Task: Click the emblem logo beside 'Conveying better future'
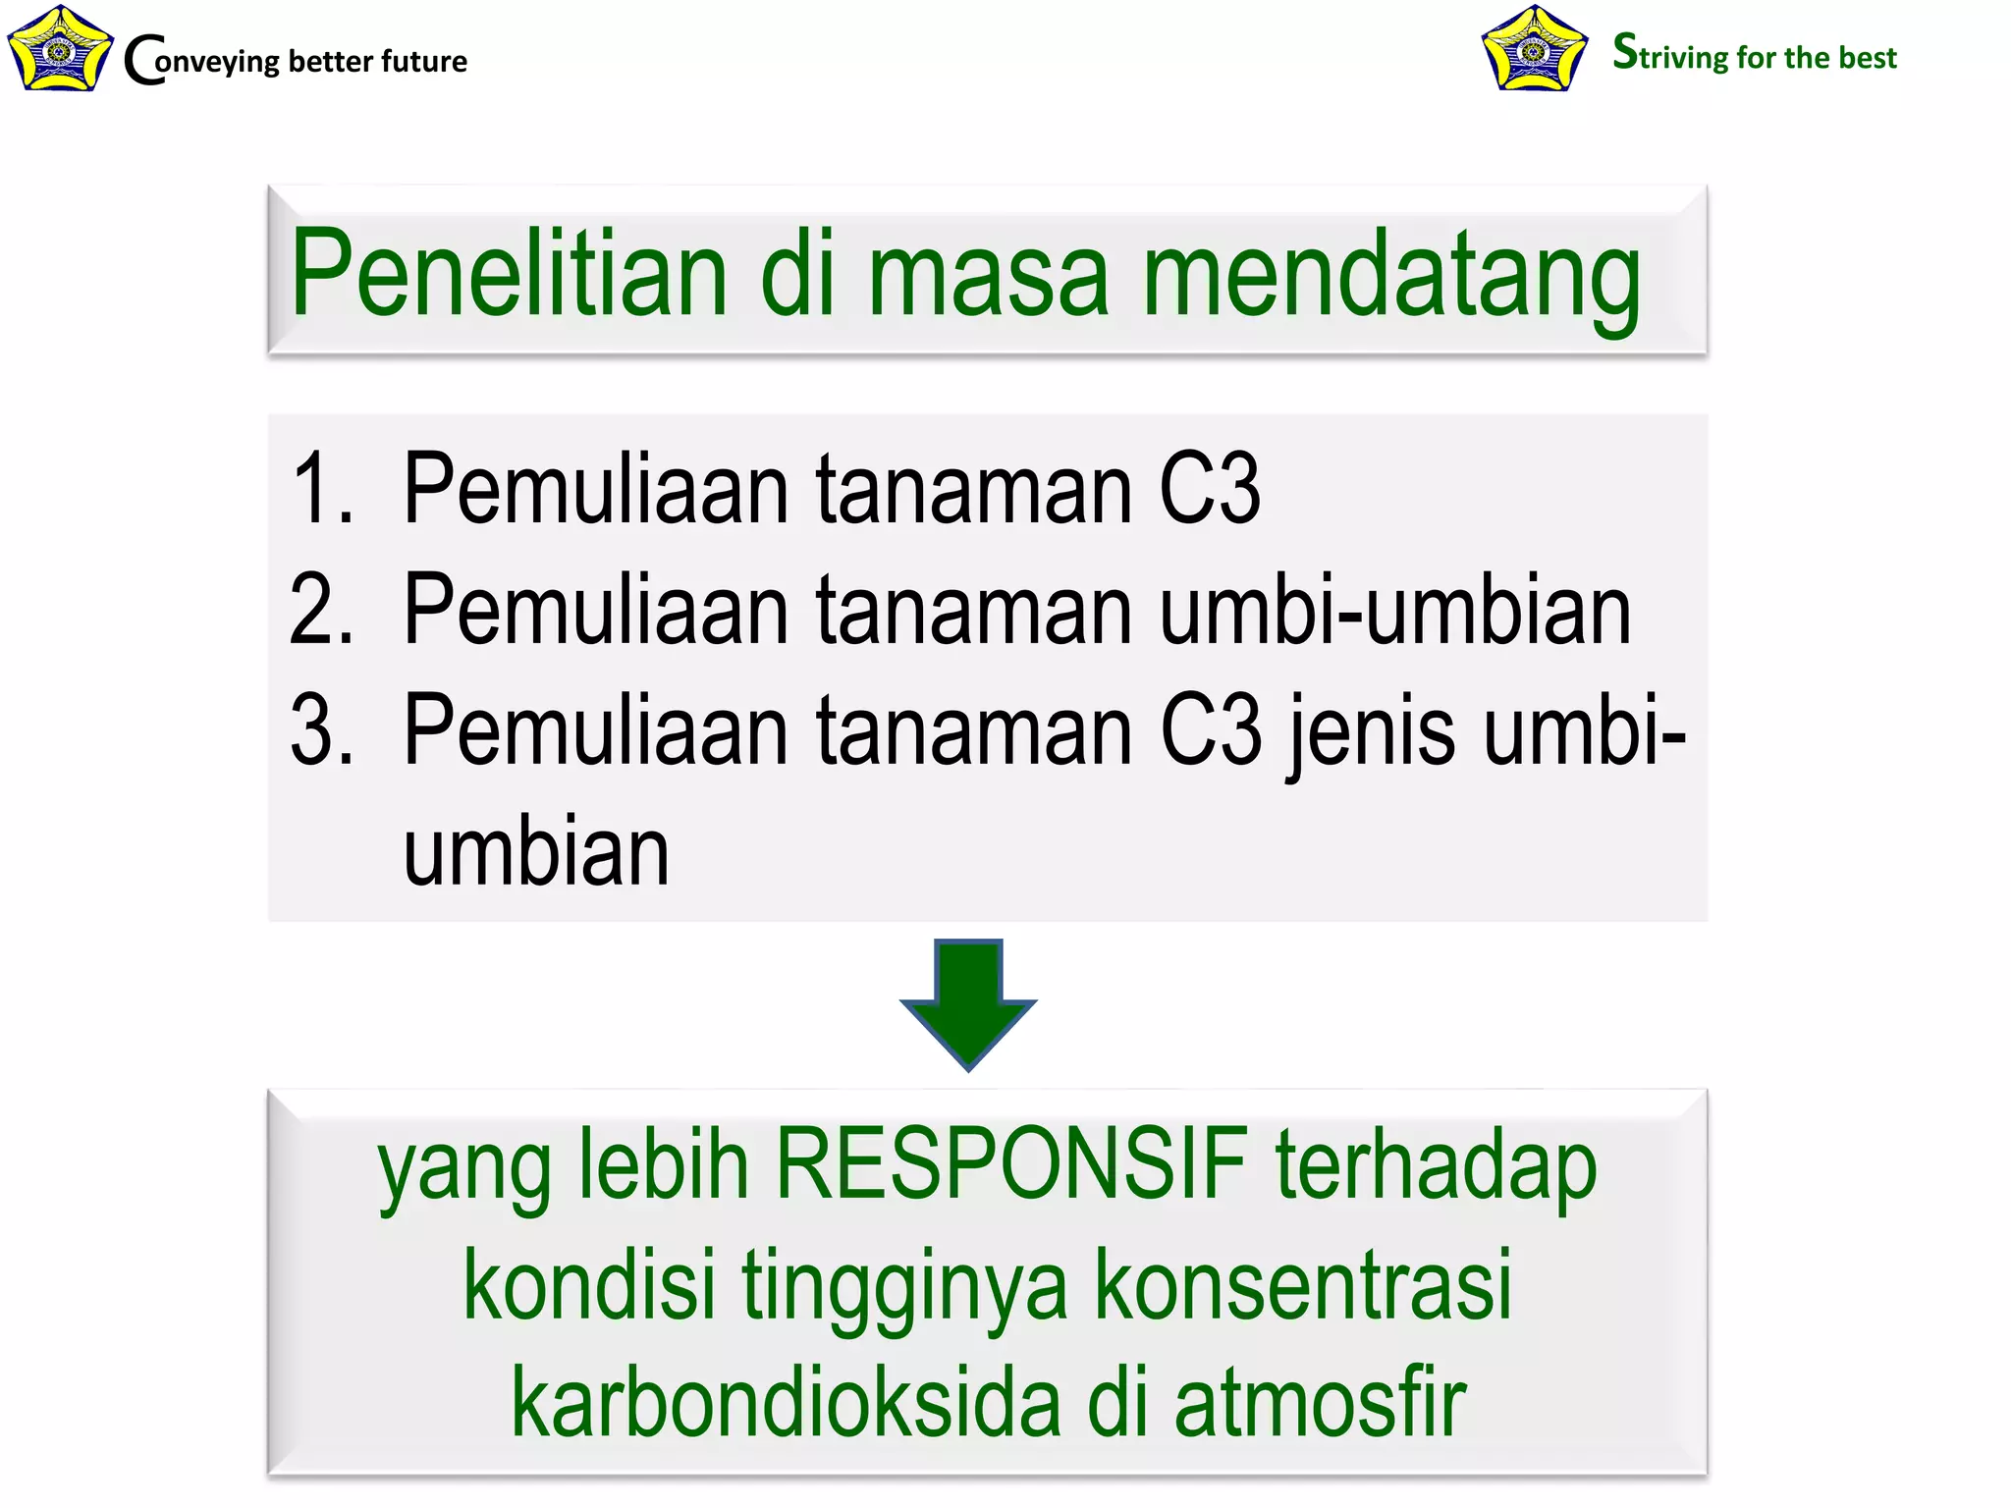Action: [59, 49]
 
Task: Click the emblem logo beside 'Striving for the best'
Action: [1534, 49]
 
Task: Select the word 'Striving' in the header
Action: [1670, 54]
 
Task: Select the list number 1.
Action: [320, 488]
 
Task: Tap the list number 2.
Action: [320, 610]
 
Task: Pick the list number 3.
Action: [320, 730]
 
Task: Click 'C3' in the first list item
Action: [1210, 488]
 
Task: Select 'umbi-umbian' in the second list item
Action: [1394, 610]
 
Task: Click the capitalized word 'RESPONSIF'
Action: [1012, 1164]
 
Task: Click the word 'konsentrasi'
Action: [1302, 1284]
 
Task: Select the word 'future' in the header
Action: [424, 61]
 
